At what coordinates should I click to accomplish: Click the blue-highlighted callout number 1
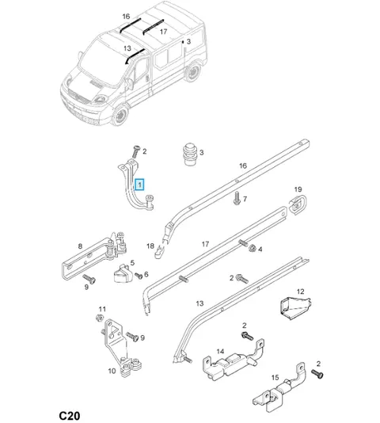pos(139,185)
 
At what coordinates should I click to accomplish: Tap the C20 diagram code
pos(70,415)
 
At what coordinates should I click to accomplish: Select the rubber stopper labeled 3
pos(190,154)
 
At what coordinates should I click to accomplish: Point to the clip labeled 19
pos(298,204)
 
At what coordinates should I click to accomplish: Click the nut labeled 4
pos(253,248)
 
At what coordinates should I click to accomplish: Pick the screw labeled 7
pos(237,198)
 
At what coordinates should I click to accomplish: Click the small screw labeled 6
pos(139,276)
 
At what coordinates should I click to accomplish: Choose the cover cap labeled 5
pos(123,273)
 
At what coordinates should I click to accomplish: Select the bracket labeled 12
pos(295,307)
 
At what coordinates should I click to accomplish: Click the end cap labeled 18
pos(160,251)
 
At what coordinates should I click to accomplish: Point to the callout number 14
pos(220,351)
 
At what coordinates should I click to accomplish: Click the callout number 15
pos(275,377)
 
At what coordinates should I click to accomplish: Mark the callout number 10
pos(112,371)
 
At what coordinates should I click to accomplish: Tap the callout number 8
pos(80,246)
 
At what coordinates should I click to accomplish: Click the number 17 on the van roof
pos(163,32)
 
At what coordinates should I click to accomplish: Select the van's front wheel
pos(120,115)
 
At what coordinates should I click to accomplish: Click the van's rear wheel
pos(192,72)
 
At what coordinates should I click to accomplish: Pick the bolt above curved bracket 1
pos(136,151)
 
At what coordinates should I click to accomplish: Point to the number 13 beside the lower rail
pos(199,303)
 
